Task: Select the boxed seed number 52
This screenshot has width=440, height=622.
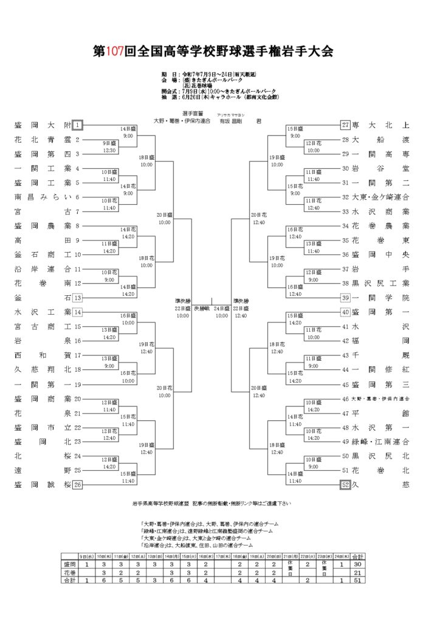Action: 345,484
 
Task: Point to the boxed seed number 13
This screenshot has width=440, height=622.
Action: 78,298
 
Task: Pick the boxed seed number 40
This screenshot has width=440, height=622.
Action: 345,312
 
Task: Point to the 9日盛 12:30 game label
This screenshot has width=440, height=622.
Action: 109,146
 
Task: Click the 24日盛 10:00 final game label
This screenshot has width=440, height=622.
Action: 221,312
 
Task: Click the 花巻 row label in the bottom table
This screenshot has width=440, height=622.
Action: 70,572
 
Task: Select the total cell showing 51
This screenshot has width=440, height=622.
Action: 358,580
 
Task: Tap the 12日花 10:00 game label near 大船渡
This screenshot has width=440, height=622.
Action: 314,146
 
